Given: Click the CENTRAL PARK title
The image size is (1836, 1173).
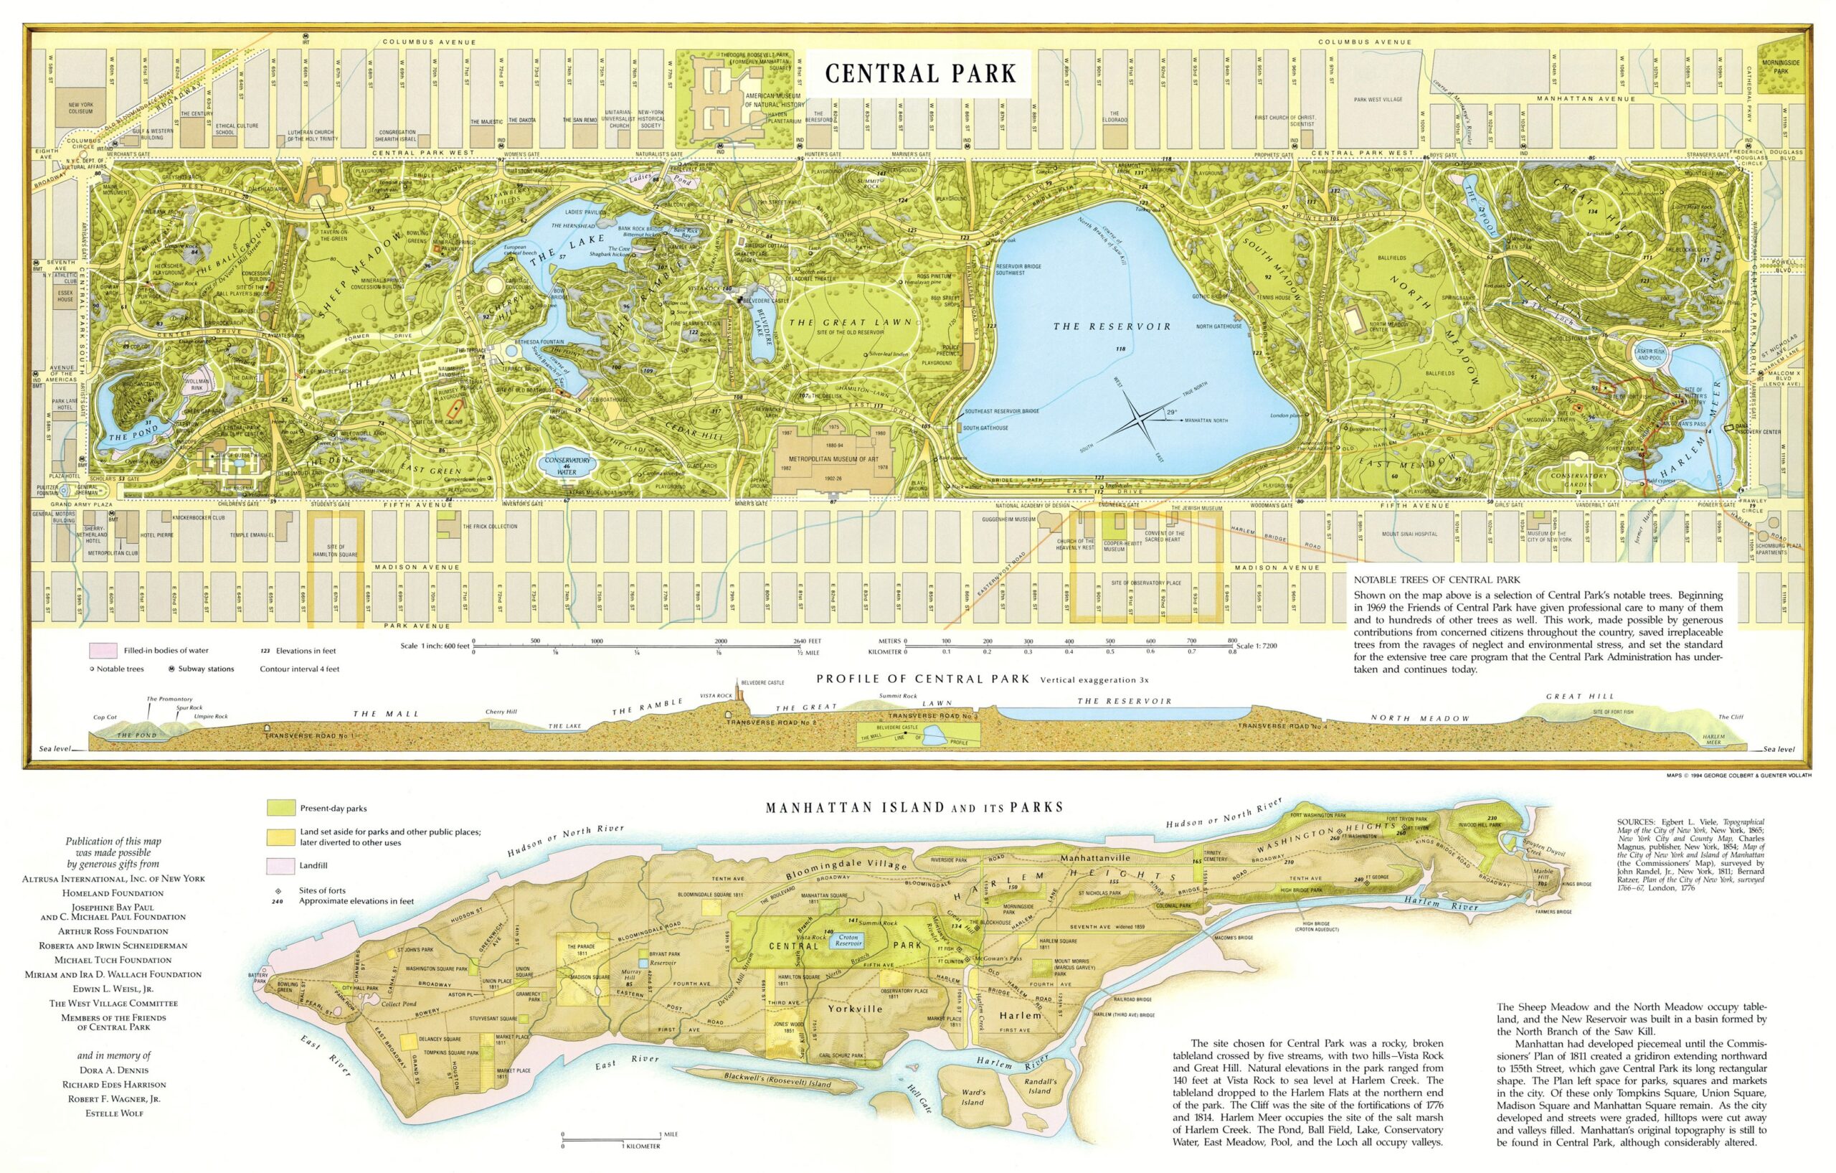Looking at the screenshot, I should pos(920,74).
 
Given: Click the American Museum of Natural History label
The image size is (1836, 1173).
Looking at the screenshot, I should pos(775,100).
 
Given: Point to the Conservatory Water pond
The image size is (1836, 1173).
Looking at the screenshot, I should pos(567,464).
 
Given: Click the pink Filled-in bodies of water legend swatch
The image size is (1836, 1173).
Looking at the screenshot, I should pos(103,651).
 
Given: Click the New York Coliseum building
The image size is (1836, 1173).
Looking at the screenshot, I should pos(80,108).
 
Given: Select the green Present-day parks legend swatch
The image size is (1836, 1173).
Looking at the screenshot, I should pos(280,808).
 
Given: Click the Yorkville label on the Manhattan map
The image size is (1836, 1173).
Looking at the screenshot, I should pos(855,1008).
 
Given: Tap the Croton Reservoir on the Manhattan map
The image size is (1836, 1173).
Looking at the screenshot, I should pos(848,941).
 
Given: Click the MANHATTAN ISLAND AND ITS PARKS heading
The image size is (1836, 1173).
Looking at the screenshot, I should pos(914,807).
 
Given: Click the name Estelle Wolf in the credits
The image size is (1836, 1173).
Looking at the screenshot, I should pos(114,1113).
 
